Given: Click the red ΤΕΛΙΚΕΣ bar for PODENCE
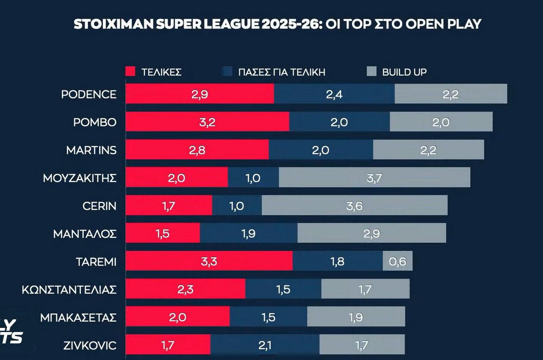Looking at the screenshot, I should click(x=200, y=94).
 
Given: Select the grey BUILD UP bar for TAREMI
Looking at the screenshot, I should click(x=398, y=261).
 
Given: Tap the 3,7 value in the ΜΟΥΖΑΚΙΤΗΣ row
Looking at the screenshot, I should click(x=375, y=178).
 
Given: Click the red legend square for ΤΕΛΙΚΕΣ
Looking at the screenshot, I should click(x=130, y=71).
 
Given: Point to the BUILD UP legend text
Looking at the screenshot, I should click(x=404, y=71).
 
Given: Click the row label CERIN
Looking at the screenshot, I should click(x=100, y=206).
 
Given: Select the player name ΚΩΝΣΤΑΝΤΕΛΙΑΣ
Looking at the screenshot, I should click(x=69, y=289).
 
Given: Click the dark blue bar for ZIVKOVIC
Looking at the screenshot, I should click(x=265, y=346).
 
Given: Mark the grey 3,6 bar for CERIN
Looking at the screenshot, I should click(x=354, y=206).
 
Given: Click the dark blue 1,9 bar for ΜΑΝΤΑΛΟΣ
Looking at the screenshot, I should click(x=248, y=233).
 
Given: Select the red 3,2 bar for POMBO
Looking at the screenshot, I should click(x=207, y=122).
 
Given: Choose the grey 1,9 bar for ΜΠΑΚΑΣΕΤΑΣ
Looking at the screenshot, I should click(x=356, y=317).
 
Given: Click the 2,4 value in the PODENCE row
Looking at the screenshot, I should click(x=334, y=94).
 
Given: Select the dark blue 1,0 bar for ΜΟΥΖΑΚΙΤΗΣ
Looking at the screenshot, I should click(x=253, y=178).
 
